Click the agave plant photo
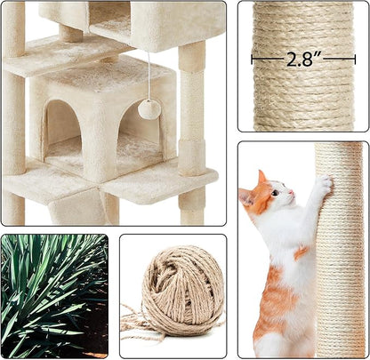coord(54,295)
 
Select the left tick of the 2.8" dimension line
coord(253,60)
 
